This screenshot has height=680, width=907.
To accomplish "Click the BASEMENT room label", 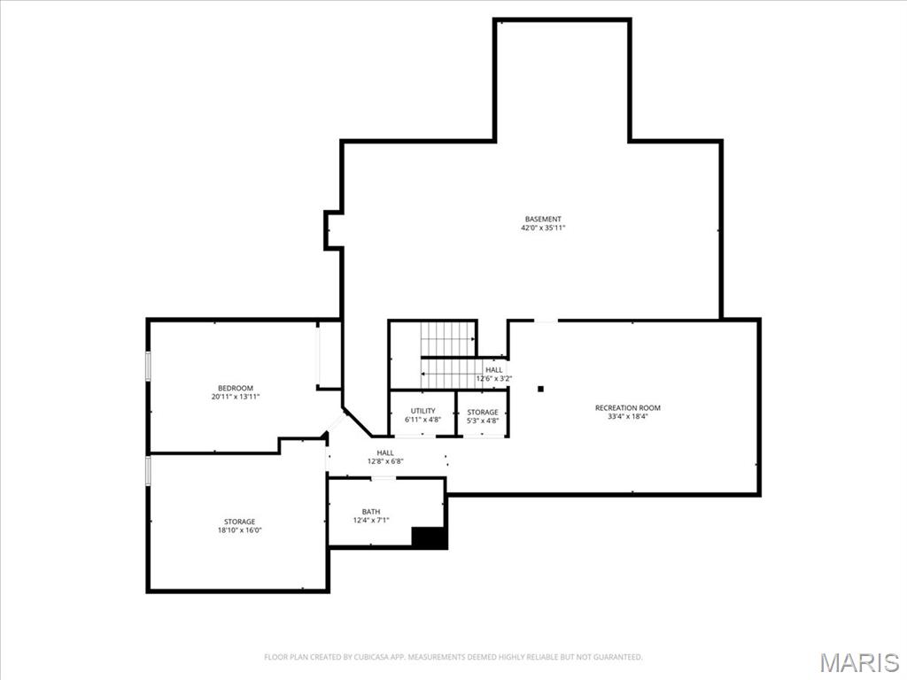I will coord(543,219).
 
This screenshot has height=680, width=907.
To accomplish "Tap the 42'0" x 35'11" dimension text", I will coord(543,228).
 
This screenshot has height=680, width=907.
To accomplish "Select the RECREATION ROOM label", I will coord(627,408).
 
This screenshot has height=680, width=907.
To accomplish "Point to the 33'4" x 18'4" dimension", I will coord(627,417).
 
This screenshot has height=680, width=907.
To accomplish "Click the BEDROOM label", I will coord(236,388).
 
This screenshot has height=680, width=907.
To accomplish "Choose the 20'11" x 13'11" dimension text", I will coord(236,398).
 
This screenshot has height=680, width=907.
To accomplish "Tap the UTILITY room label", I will coord(422,411).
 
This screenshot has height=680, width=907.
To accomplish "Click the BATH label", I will coord(371,512).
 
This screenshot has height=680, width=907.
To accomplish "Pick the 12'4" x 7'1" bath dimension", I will coord(371,521).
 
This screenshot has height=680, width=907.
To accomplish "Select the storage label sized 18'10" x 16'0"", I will coord(239,522).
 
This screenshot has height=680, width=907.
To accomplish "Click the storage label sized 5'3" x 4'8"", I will coord(483,412).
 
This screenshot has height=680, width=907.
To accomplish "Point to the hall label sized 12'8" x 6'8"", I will coord(385,452).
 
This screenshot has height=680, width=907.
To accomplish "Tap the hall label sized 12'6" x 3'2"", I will coord(493,370).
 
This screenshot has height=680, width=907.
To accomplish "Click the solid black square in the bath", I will coord(430,537).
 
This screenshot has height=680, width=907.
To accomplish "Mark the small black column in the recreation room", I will coord(539,389).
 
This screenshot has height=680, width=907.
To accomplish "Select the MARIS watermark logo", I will coord(859,662).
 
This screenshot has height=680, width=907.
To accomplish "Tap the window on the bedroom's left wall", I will coord(148,366).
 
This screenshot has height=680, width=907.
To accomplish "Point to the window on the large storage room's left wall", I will coord(148,470).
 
